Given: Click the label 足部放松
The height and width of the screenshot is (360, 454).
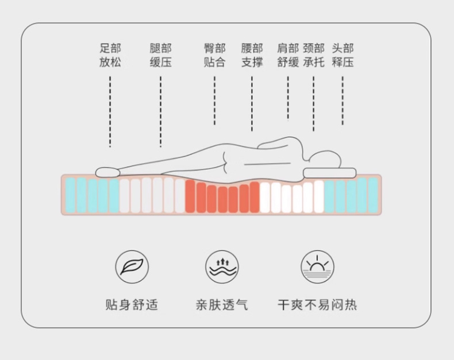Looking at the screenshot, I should [x=110, y=55].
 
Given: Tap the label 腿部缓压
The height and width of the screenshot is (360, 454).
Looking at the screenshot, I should [x=160, y=55].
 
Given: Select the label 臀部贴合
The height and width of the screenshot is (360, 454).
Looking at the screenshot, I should [x=214, y=55].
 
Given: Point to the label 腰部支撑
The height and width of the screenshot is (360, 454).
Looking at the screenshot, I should [x=252, y=55].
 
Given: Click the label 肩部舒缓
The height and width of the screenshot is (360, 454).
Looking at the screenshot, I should [x=288, y=55].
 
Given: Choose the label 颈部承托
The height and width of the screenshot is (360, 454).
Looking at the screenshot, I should [x=314, y=55].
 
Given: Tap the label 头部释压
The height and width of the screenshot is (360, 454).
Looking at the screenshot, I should [x=343, y=55].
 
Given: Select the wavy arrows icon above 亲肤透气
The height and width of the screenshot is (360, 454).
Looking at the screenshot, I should [x=222, y=267].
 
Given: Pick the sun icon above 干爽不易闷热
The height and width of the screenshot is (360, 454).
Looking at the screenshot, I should [x=317, y=267].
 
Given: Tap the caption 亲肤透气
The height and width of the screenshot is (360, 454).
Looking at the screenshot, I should [x=222, y=304].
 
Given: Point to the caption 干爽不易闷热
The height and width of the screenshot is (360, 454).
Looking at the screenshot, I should [x=317, y=304].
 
